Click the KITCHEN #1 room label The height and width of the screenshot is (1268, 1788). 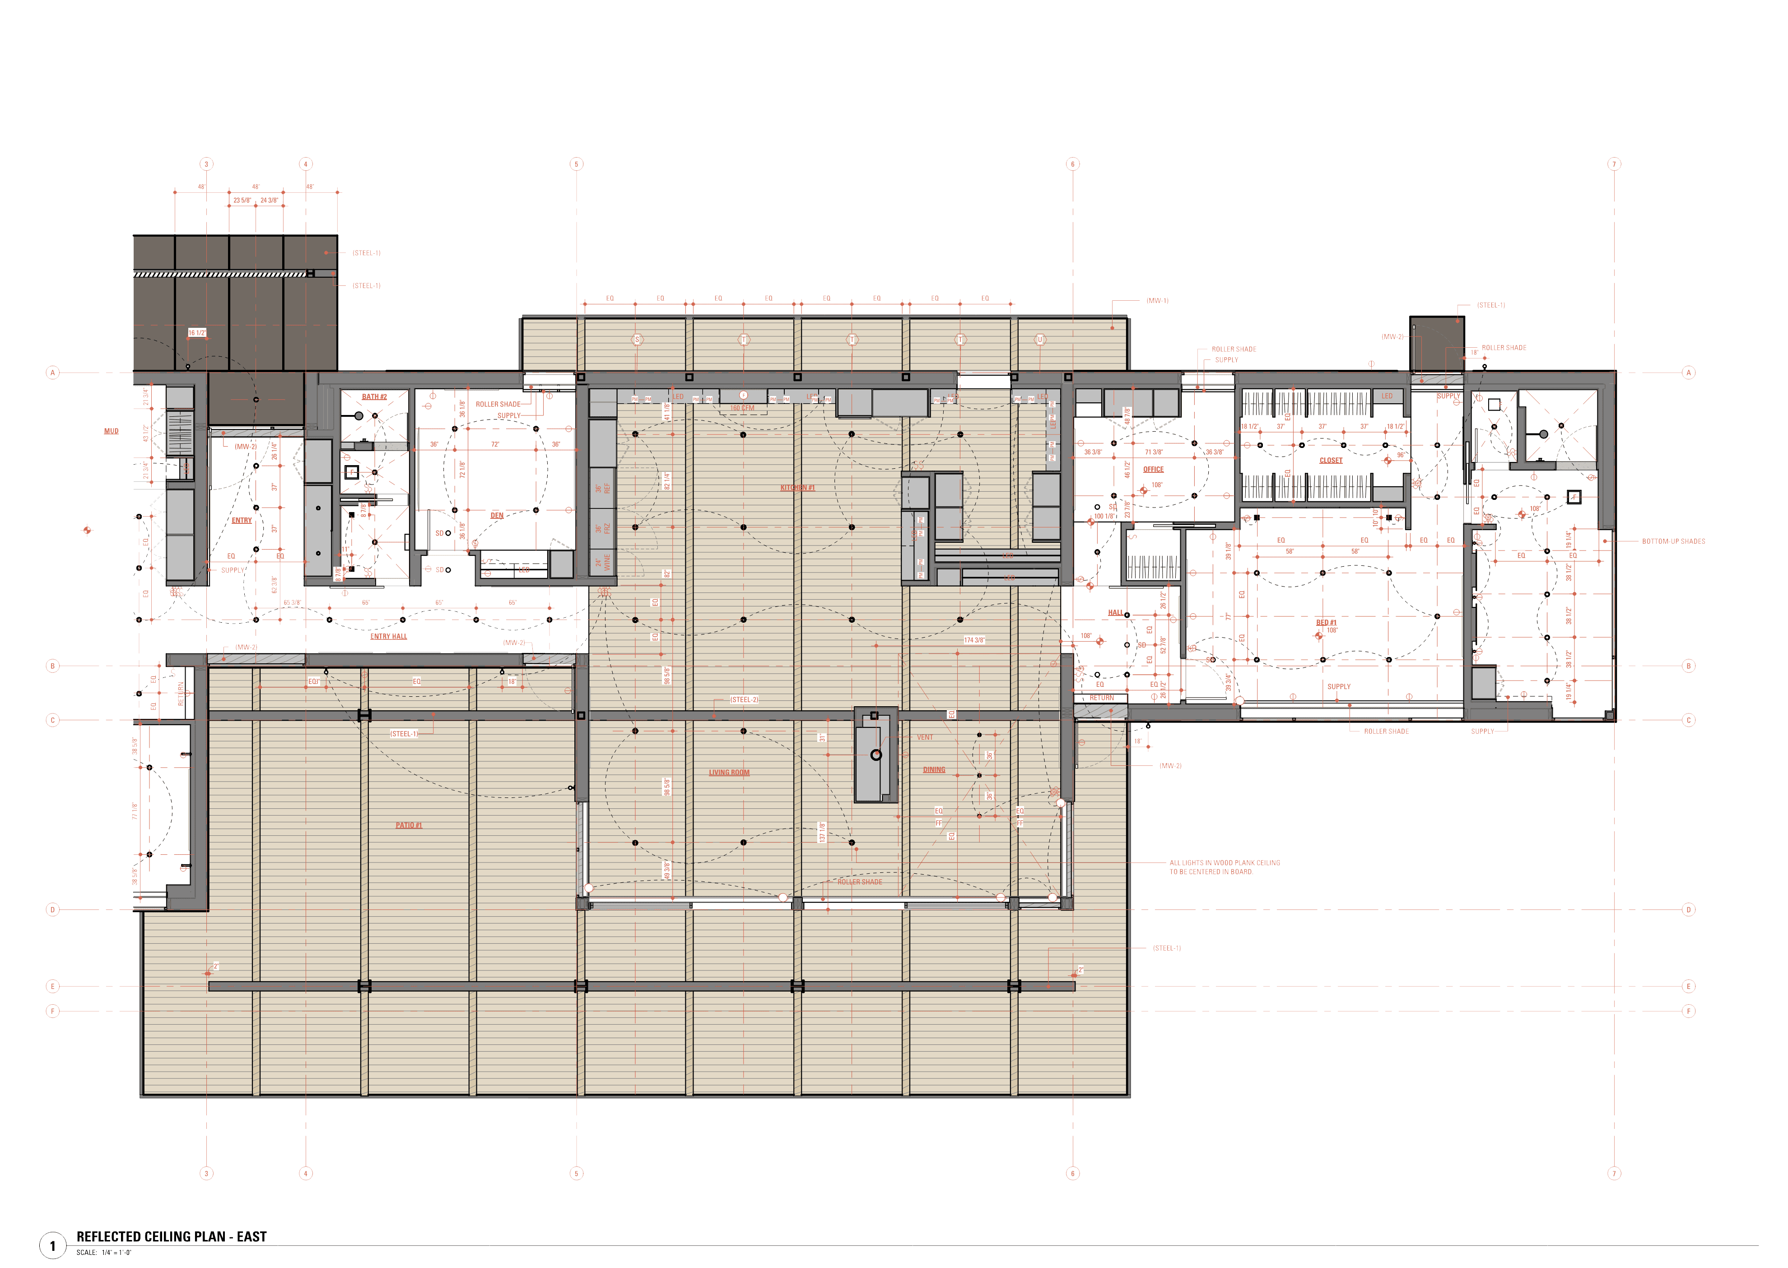point(797,488)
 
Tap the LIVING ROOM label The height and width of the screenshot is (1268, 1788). point(728,772)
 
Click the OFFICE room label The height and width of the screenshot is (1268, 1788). point(1153,469)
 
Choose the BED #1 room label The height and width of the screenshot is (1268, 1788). point(1326,622)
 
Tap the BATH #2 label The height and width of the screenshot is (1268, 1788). point(374,396)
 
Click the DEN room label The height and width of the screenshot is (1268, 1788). point(497,515)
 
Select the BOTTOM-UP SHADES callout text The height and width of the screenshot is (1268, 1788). point(1673,541)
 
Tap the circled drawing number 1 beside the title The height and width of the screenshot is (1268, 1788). point(52,1245)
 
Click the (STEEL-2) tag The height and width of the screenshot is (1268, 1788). point(743,699)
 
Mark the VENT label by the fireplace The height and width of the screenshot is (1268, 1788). point(924,737)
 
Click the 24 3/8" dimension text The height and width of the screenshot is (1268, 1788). point(269,200)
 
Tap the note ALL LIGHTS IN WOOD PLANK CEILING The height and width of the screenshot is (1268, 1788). point(1224,863)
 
